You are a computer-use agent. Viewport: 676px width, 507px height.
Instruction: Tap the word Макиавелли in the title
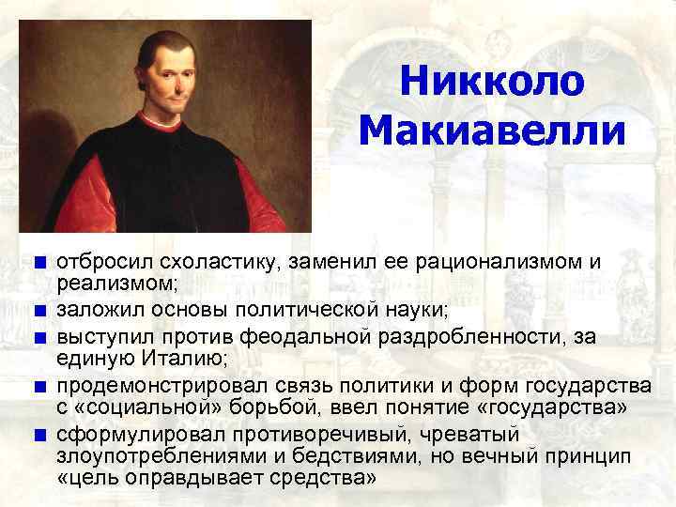tap(491, 131)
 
